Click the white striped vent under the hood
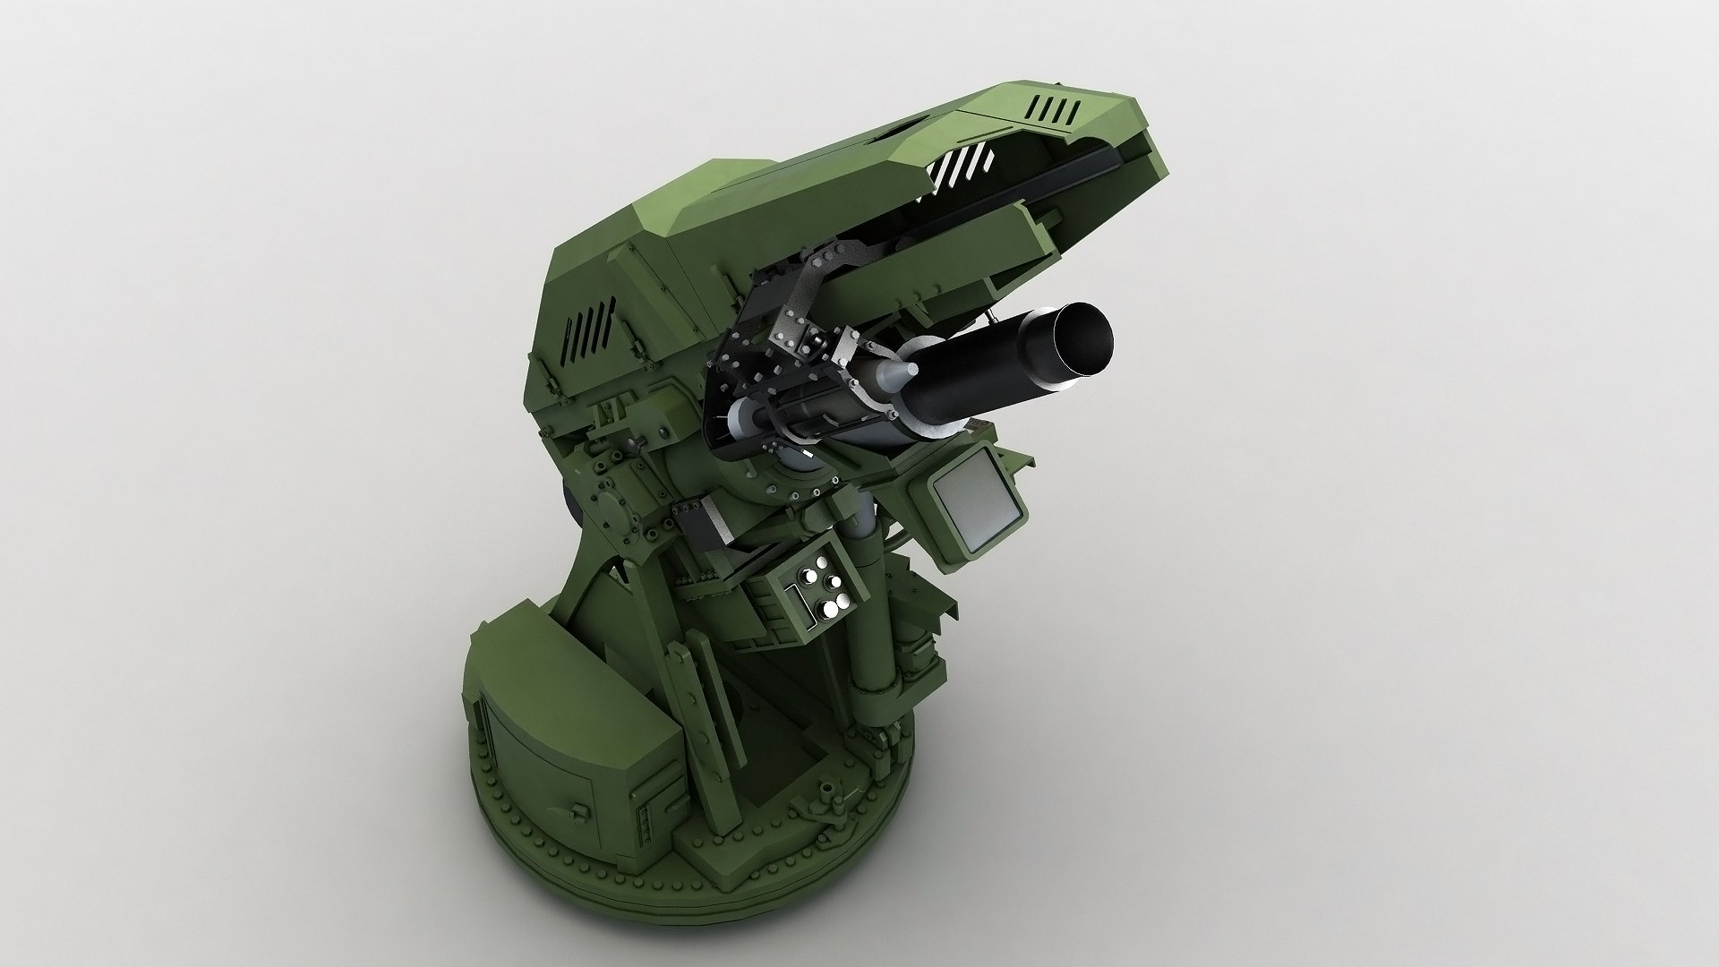tap(962, 170)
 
